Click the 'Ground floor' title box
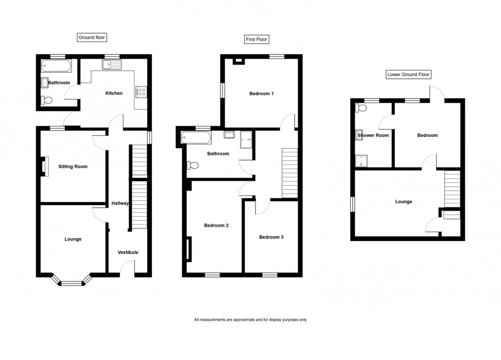pos(92,37)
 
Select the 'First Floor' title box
pos(257,39)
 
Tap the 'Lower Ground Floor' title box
pos(408,75)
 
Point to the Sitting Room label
pos(73,166)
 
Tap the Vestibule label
pos(128,252)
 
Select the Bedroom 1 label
pos(261,94)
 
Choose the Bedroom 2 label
pos(217,225)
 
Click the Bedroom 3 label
pos(272,237)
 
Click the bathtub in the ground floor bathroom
pos(56,65)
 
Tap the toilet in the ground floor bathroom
pos(47,100)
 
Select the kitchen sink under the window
pos(111,63)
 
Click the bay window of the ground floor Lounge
pos(72,281)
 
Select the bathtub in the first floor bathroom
pos(196,138)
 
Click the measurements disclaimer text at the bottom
pos(250,320)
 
